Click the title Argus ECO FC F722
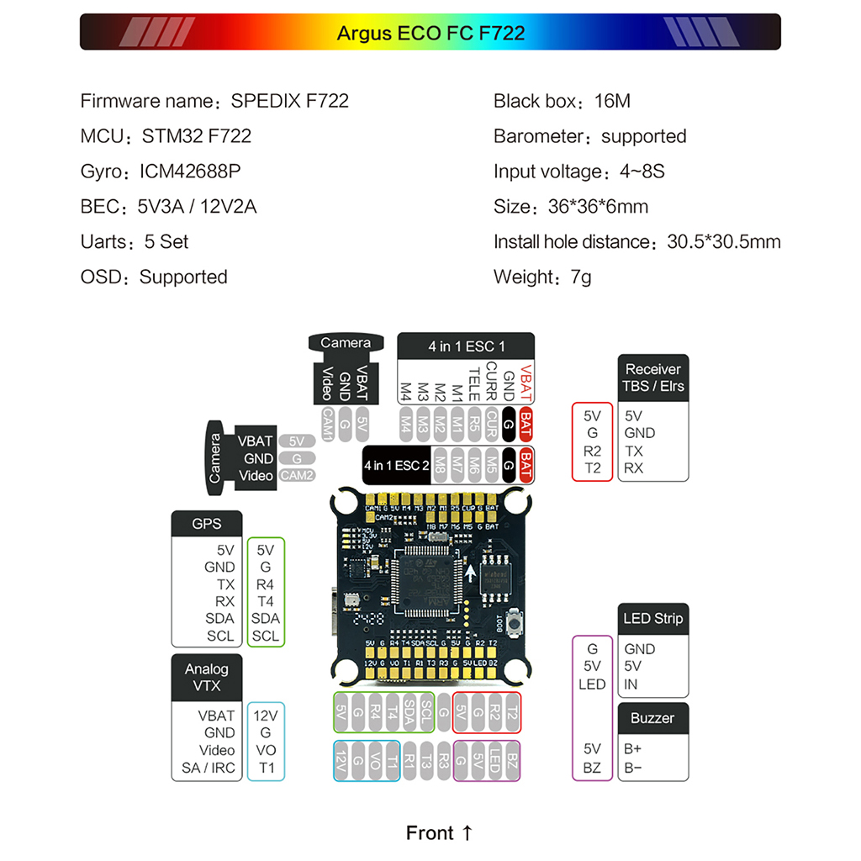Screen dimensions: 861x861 [430, 33]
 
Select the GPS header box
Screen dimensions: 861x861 [207, 523]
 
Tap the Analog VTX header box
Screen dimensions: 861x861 [207, 678]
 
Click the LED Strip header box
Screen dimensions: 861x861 [652, 619]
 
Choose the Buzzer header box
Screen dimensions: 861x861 [652, 718]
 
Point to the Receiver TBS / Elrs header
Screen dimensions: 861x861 [653, 378]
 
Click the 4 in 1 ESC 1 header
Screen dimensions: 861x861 [467, 346]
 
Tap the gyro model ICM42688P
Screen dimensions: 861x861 [190, 172]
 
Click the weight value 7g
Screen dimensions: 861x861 [580, 277]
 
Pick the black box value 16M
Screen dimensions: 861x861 [611, 102]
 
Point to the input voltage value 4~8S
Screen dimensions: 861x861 [642, 172]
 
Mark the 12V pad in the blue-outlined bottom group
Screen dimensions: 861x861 [341, 762]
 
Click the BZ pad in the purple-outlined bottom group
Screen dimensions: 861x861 [513, 762]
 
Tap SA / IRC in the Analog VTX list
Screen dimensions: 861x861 [209, 768]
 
